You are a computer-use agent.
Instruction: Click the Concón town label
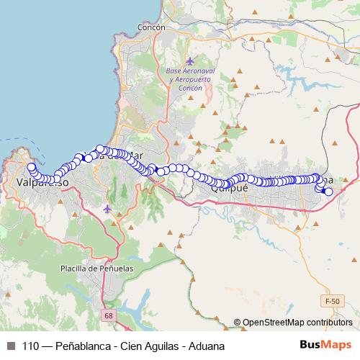(148, 26)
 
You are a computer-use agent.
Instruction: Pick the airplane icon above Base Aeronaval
(190, 61)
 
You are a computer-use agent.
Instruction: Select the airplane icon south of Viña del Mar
(108, 209)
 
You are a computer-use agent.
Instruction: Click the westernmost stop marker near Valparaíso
(31, 167)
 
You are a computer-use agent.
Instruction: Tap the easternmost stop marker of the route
(328, 191)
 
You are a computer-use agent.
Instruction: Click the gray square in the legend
(9, 346)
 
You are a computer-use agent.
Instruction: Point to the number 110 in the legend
(31, 346)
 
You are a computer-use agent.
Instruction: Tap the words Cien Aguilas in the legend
(148, 346)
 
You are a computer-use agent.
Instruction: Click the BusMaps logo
(325, 346)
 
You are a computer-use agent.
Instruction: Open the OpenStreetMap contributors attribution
(297, 323)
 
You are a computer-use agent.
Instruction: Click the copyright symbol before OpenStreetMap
(238, 323)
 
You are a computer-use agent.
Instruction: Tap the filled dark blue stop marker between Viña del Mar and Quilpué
(152, 168)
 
